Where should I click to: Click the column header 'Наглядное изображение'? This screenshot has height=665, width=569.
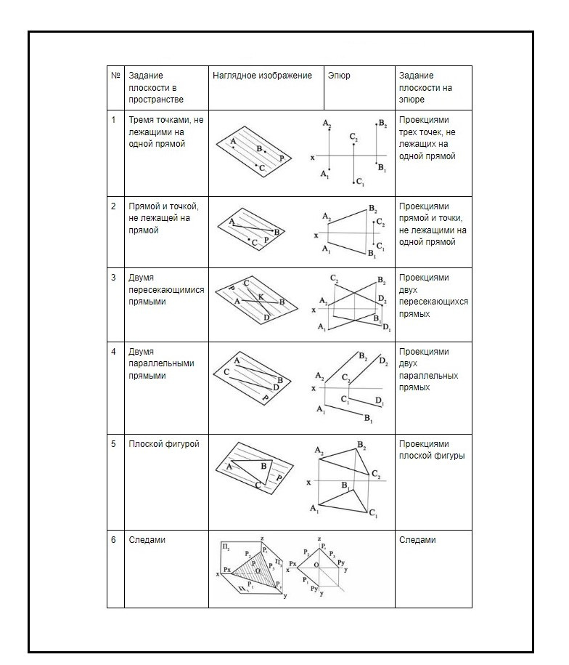pos(262,76)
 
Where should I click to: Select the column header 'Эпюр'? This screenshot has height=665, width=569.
pos(338,76)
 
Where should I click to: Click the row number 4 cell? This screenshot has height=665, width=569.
pos(113,352)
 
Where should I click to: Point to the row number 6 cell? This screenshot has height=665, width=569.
pos(113,540)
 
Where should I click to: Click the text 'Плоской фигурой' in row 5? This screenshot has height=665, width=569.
pos(163,444)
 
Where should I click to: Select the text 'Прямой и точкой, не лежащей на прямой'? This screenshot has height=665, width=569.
pos(164,218)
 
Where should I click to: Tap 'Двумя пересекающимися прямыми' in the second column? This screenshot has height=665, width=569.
pos(165,289)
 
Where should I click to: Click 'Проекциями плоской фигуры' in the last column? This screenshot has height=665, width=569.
pos(432,450)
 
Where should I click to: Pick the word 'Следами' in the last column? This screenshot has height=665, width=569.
pos(417,540)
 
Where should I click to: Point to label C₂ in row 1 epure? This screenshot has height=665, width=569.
pos(353,137)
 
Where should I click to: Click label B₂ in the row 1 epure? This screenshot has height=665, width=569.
pos(382,124)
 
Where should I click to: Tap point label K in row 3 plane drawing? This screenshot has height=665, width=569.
pos(261,297)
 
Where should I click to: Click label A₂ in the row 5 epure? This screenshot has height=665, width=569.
pos(319,451)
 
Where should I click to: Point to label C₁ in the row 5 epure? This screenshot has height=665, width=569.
pos(372,514)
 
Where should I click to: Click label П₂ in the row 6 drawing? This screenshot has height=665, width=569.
pos(226,546)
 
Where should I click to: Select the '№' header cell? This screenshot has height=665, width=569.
pos(115,76)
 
